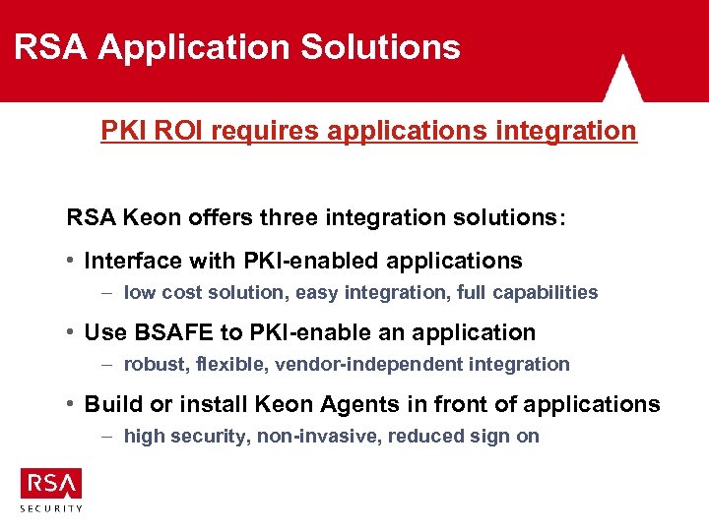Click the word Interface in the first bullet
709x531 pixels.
point(133,261)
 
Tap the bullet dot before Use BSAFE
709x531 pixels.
point(72,332)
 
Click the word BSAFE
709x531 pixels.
point(176,332)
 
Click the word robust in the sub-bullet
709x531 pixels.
point(152,364)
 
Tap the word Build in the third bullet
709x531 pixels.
point(109,404)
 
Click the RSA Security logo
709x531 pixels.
point(51,489)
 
